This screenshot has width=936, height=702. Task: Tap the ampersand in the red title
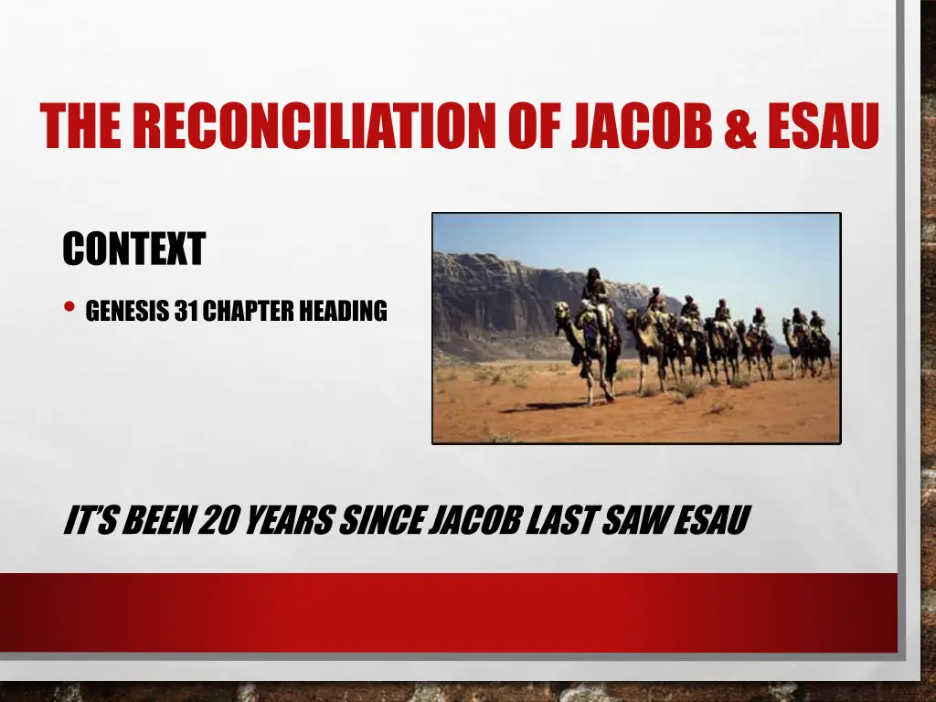click(738, 127)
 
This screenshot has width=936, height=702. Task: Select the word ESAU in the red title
click(822, 126)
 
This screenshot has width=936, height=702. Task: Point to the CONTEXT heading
click(133, 249)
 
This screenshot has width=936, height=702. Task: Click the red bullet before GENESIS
click(69, 309)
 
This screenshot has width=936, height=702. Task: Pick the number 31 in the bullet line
click(187, 312)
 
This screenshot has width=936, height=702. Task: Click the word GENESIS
click(129, 312)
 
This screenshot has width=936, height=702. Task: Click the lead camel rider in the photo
click(595, 287)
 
